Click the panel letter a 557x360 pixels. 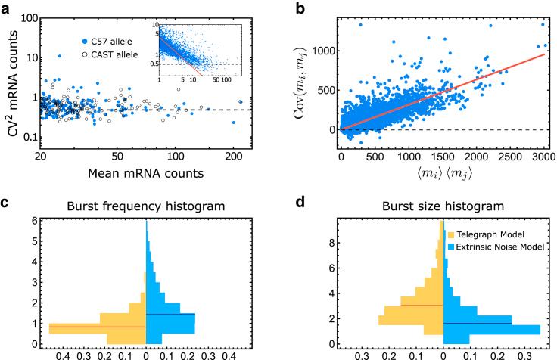6,7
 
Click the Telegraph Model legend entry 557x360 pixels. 489,236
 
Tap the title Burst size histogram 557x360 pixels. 442,206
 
